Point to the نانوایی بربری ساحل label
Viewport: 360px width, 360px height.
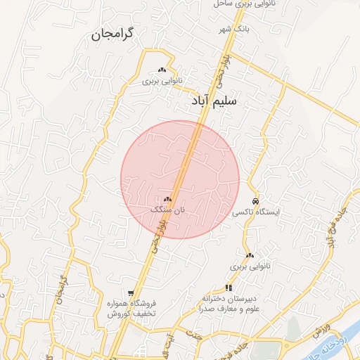click(x=239, y=4)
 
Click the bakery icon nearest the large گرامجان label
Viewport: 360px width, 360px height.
click(x=162, y=70)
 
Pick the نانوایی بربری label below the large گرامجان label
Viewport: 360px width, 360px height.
click(x=162, y=81)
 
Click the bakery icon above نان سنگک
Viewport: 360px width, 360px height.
click(x=168, y=200)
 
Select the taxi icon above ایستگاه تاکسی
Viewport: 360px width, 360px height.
click(x=255, y=200)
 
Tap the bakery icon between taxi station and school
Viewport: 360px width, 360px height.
click(x=250, y=255)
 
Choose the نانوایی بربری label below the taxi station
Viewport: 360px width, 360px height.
click(x=249, y=267)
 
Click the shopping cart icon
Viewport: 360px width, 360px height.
click(x=131, y=292)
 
